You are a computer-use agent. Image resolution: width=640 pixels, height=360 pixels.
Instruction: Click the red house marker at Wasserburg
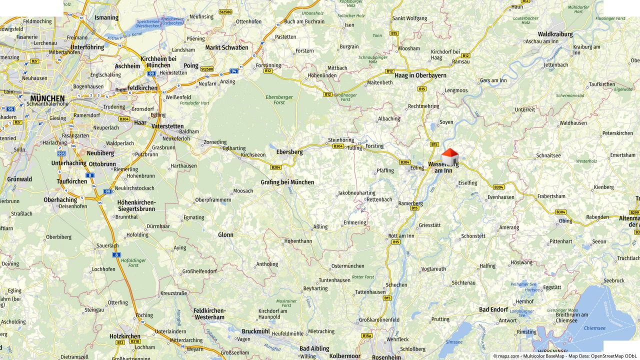point(449,157)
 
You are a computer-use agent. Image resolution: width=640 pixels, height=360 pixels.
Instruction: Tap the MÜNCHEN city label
point(47,98)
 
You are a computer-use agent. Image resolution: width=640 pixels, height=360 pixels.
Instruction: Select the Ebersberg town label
point(289,152)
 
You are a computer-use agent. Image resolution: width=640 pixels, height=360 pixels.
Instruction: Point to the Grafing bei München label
point(287,182)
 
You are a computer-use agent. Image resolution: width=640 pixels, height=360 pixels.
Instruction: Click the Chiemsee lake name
point(594,328)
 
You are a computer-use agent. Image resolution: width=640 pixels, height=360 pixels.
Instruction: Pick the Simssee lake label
point(453,342)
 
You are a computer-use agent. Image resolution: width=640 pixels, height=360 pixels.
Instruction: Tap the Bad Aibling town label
point(314,348)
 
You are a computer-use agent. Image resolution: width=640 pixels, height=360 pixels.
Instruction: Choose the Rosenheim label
point(386,357)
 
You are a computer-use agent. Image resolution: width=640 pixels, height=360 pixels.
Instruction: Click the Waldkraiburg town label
point(549,34)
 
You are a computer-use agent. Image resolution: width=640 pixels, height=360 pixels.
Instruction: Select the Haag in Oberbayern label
point(420,75)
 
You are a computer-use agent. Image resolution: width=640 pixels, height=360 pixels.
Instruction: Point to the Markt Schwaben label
point(226,47)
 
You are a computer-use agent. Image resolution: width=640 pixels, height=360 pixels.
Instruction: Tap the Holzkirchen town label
point(125,336)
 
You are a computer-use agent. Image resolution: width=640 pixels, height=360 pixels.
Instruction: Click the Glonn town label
point(225,234)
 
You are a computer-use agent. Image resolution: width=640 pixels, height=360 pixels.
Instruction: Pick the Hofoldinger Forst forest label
point(126,262)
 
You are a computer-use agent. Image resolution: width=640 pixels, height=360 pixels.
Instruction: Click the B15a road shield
point(367,336)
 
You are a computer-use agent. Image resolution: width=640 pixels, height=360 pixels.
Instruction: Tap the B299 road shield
point(634,212)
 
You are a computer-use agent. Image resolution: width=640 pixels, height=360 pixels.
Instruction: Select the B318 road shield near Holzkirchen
point(135,341)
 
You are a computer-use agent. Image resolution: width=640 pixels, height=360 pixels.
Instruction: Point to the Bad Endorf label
point(493,309)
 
